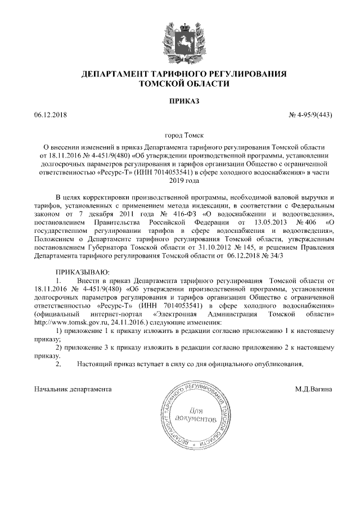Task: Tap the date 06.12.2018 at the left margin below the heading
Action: pyautogui.click(x=51, y=115)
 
